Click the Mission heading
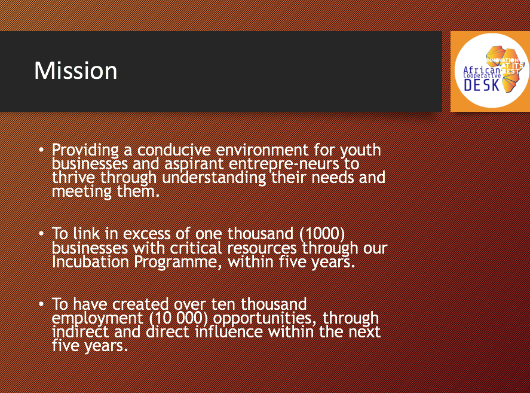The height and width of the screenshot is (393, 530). pyautogui.click(x=76, y=71)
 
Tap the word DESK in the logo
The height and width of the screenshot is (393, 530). pyautogui.click(x=482, y=85)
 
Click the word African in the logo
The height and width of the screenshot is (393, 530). pyautogui.click(x=482, y=70)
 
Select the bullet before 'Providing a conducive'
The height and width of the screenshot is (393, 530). pyautogui.click(x=41, y=150)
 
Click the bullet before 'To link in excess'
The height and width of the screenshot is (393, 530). pyautogui.click(x=41, y=233)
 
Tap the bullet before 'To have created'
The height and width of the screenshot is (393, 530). pyautogui.click(x=41, y=304)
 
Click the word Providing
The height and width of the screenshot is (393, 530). pyautogui.click(x=85, y=150)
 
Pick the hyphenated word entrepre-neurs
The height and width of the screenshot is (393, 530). pyautogui.click(x=284, y=164)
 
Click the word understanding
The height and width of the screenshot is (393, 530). pyautogui.click(x=215, y=178)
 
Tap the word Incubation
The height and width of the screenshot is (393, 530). pyautogui.click(x=90, y=261)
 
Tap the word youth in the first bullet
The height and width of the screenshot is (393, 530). pyautogui.click(x=361, y=150)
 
